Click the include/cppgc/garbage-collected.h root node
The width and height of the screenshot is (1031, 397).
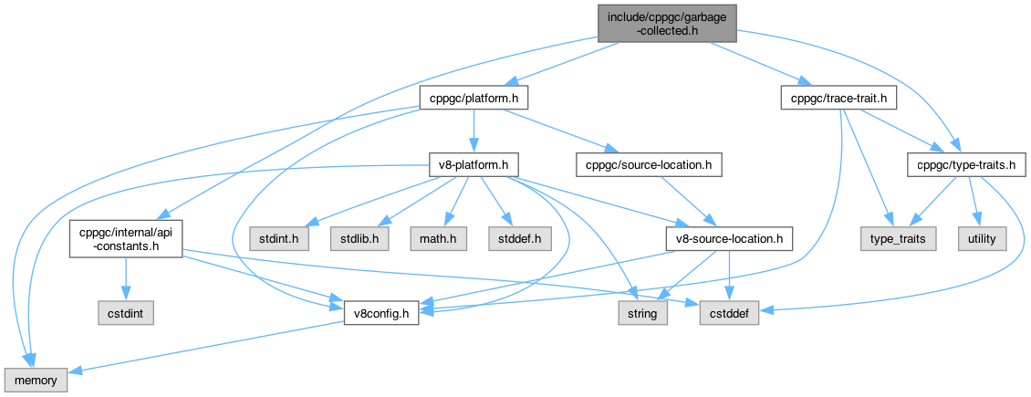pyautogui.click(x=667, y=22)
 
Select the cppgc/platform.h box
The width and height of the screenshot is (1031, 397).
pyautogui.click(x=474, y=97)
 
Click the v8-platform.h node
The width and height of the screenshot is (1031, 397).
pyautogui.click(x=474, y=164)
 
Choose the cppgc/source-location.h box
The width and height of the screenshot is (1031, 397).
pyautogui.click(x=649, y=164)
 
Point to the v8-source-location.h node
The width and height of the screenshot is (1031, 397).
pyautogui.click(x=728, y=239)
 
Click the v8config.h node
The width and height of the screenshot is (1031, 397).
pyautogui.click(x=380, y=314)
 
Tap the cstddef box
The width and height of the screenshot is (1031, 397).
pyautogui.click(x=729, y=314)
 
